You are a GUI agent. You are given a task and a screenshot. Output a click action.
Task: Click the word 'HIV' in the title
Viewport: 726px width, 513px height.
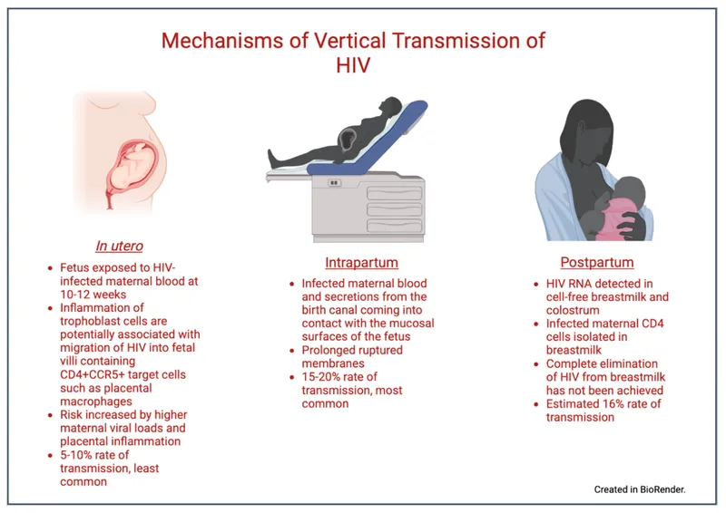coord(354,65)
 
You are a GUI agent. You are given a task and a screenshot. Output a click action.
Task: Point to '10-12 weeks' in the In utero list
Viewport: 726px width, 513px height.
coord(92,295)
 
